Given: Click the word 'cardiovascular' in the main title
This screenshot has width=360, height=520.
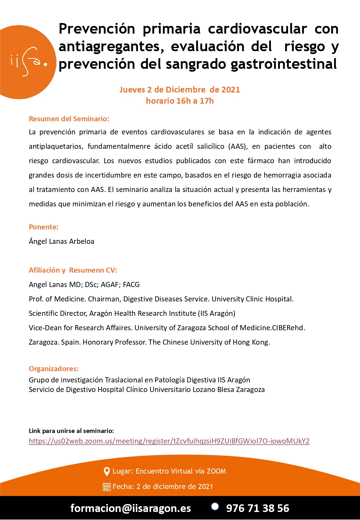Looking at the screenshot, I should pos(257,29).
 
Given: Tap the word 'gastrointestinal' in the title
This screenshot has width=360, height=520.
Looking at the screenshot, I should pos(284,64).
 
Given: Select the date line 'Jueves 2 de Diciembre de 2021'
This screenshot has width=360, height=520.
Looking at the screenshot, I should pos(180,90).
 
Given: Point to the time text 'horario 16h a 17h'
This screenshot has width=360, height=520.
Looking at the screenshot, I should pos(180,101).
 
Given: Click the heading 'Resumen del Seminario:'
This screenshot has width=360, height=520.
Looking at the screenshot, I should pos(69,119).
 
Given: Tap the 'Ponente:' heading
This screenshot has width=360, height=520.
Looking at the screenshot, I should pos(44,227).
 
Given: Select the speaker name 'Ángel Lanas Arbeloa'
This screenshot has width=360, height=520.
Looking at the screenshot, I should pos(61,241).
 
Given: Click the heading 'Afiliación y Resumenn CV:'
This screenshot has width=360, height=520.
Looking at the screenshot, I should pos(73,270).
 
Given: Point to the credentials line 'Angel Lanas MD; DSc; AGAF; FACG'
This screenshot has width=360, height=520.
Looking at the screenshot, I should pos(84,284).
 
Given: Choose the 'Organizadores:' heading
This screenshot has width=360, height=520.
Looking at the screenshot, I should pos(54,369).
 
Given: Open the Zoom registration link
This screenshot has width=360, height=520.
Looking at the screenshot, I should pos(169,441).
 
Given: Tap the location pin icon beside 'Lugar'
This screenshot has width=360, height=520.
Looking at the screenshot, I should pos(107,471).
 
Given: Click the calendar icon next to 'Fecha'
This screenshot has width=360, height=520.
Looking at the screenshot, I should pos(107,487).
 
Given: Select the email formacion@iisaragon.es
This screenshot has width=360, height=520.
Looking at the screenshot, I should pos(131,508).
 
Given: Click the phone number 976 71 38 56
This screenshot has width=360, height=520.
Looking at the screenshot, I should pos(258,508).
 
